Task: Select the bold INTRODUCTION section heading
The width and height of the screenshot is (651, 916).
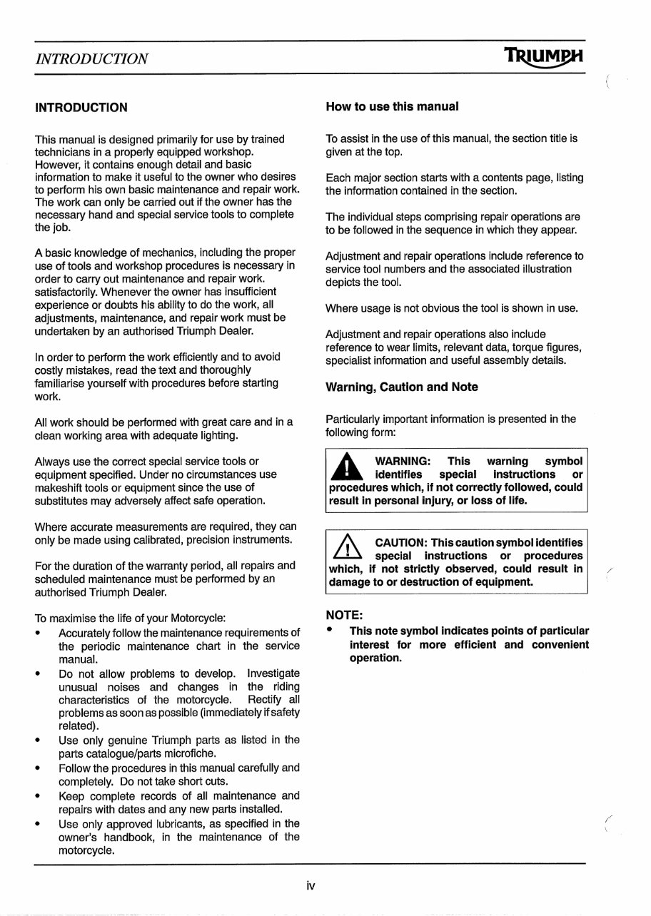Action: coord(81,108)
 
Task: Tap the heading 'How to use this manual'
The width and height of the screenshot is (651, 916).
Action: coord(392,107)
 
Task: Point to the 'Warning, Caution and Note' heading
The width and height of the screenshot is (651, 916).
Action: coord(402,387)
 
